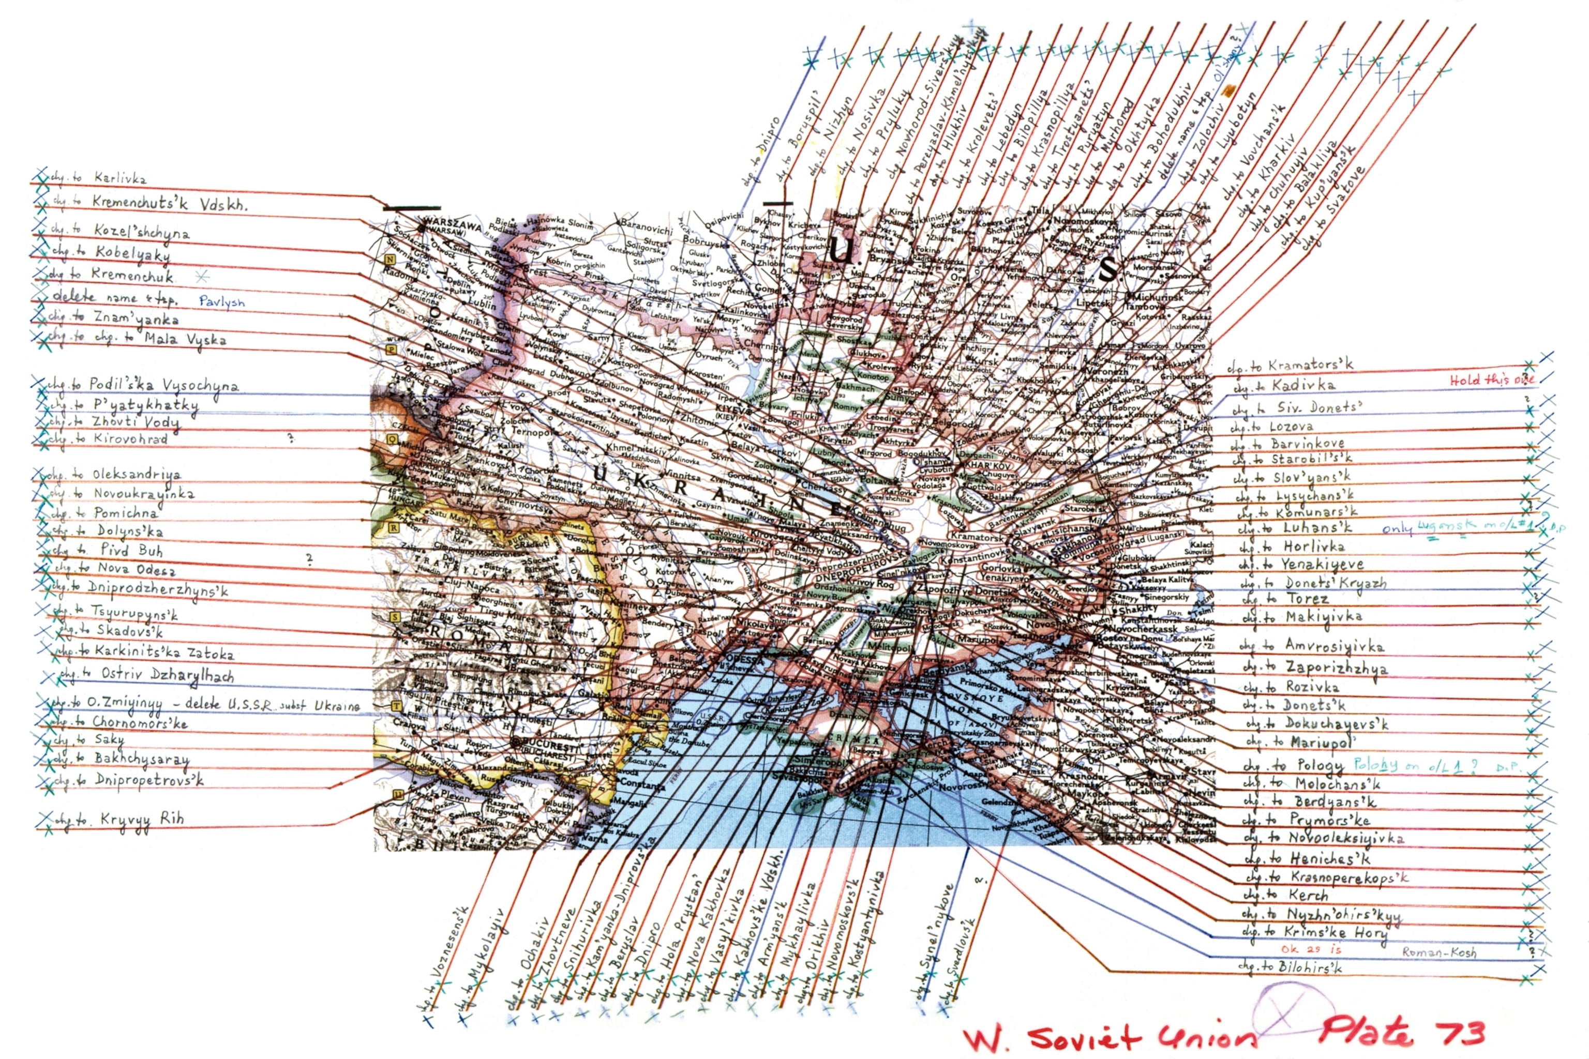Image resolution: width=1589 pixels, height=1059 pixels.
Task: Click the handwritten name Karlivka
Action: [x=120, y=178]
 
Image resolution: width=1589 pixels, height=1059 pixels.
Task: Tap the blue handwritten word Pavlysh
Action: [x=221, y=302]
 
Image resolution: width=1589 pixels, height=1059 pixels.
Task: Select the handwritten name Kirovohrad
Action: [x=130, y=439]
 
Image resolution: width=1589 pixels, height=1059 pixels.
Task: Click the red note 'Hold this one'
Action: [x=1492, y=380]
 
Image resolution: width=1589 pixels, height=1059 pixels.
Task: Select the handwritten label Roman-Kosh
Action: [x=1439, y=952]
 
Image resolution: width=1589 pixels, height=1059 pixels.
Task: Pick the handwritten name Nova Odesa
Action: [x=137, y=569]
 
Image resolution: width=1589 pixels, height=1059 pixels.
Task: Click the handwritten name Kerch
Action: [x=1308, y=895]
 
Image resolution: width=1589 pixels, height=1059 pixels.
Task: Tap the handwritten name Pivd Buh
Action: [x=132, y=550]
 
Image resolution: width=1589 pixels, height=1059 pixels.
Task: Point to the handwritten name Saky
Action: [x=110, y=739]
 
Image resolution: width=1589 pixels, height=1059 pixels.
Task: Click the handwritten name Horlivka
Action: [x=1314, y=547]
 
